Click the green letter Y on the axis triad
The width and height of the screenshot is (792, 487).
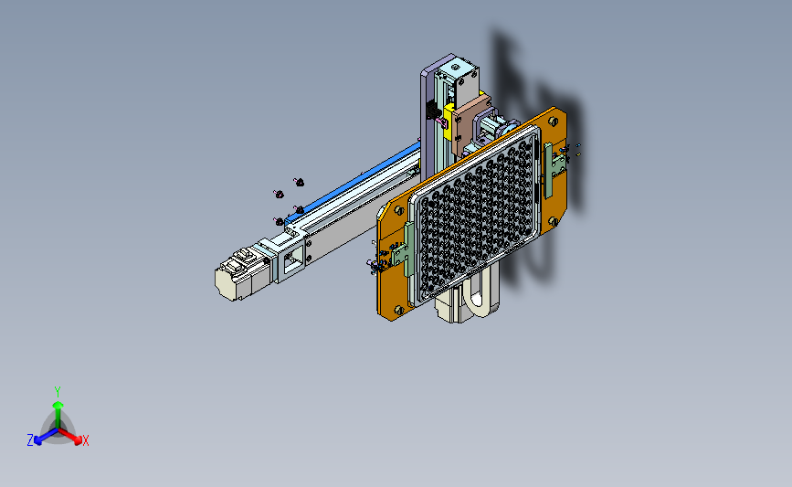click(57, 392)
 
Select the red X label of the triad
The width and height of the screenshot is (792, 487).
click(85, 440)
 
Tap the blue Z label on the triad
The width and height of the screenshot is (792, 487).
click(30, 440)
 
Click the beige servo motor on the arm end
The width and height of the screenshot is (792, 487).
click(241, 276)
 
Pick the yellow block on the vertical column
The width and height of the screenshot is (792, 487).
click(448, 122)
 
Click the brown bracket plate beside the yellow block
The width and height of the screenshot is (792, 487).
click(469, 126)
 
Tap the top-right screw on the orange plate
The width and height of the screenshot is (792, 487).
click(553, 122)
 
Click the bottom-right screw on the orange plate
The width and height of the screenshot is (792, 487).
click(553, 221)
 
